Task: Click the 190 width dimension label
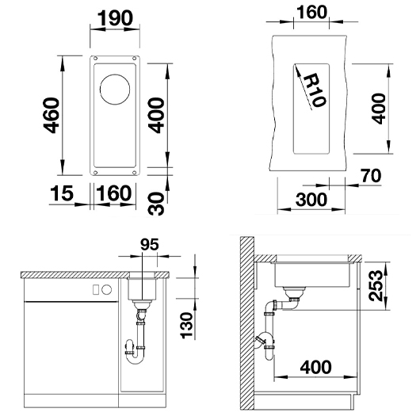tap(115, 18)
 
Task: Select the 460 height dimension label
tap(52, 116)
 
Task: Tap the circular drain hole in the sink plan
tap(115, 90)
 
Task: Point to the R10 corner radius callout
tap(315, 90)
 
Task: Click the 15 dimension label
tap(61, 193)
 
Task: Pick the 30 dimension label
tap(156, 204)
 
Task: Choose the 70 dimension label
tap(371, 176)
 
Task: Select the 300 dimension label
tap(311, 200)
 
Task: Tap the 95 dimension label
tap(150, 244)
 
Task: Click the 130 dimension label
tap(187, 325)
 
